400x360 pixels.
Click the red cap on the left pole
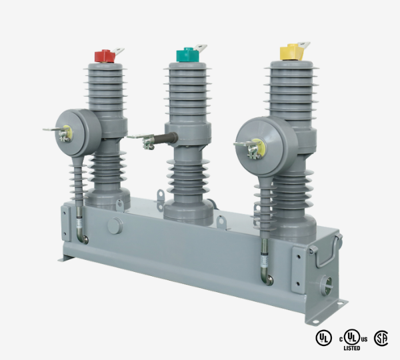(x=104, y=56)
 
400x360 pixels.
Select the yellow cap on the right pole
(x=291, y=51)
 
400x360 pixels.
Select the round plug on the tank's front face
(x=114, y=225)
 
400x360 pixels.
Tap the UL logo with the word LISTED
(x=352, y=337)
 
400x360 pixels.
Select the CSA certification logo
(x=381, y=338)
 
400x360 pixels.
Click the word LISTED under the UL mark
(x=352, y=348)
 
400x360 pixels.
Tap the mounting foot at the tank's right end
(x=339, y=305)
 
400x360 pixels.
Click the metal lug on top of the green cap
(x=199, y=47)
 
